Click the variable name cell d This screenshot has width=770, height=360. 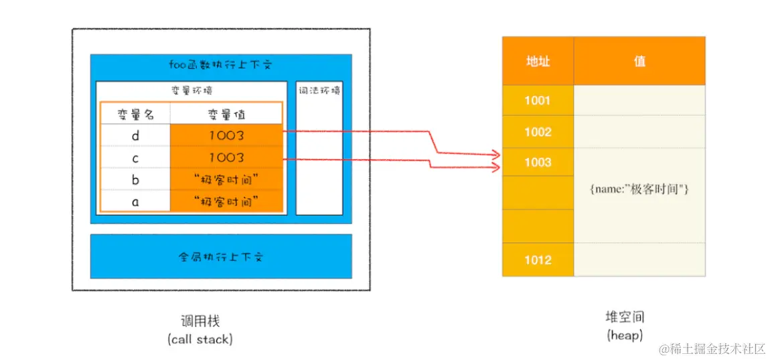tap(135, 136)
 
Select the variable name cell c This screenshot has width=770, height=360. tap(135, 157)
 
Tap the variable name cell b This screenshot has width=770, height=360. tap(135, 179)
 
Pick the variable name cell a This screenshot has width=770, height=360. tap(135, 201)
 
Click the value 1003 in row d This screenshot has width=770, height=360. tap(226, 136)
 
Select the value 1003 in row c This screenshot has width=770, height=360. tap(226, 157)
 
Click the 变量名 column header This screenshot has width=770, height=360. tap(136, 114)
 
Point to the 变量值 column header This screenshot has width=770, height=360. tap(226, 114)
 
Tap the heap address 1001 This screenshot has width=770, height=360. tap(538, 100)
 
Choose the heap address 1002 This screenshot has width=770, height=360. tap(538, 132)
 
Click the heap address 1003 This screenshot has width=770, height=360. tap(538, 162)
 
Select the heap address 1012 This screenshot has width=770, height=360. tap(538, 260)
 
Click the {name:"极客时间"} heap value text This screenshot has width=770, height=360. tap(639, 190)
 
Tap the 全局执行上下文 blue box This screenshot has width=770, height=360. tap(221, 256)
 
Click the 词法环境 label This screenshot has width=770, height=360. tap(319, 90)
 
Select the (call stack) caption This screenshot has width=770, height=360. tap(200, 339)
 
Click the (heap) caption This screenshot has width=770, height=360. tap(624, 335)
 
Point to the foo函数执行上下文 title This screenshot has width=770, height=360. tap(220, 66)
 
